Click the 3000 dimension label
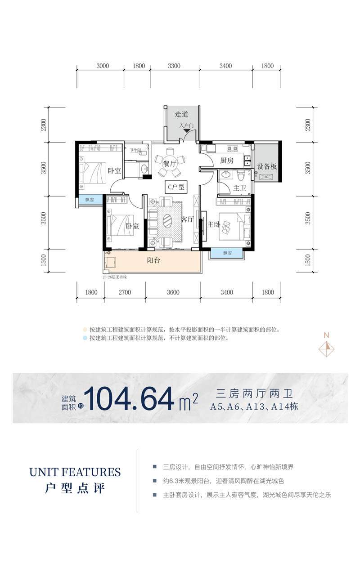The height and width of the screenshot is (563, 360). pos(103,66)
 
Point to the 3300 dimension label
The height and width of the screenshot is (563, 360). pos(174,66)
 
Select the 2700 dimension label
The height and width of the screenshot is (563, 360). pos(125,293)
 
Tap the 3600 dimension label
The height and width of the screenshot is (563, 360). pos(173,293)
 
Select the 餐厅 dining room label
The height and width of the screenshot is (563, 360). pos(169,164)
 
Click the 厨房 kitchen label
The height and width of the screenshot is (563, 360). pos(227,161)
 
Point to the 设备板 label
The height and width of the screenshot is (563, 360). pos(267,166)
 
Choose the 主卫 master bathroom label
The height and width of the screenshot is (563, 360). pos(239,188)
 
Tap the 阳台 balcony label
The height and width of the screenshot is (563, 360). pos(154,260)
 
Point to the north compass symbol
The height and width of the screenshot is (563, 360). pos(327,346)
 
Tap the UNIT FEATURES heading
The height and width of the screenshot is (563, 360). pos(75,472)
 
